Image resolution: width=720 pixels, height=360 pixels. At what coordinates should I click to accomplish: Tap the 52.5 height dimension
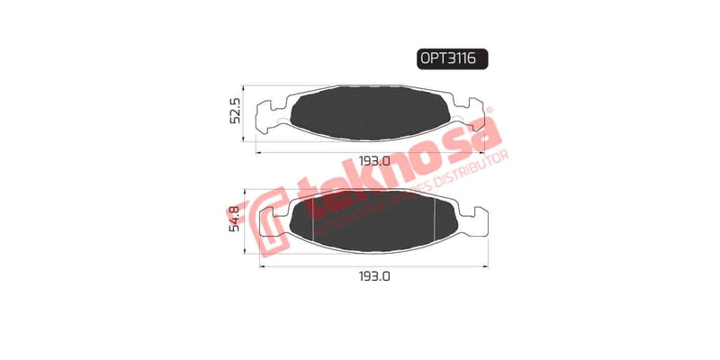tap(235, 114)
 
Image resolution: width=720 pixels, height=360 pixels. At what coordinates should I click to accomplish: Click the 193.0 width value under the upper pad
tap(373, 162)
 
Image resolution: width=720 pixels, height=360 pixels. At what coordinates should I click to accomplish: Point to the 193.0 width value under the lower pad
tap(373, 278)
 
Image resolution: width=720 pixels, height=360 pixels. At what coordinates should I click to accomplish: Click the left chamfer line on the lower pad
tap(311, 220)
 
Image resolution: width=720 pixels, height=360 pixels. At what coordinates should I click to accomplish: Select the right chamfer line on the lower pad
tap(436, 220)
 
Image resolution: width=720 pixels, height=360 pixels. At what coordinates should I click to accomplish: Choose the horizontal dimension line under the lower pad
tap(373, 266)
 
